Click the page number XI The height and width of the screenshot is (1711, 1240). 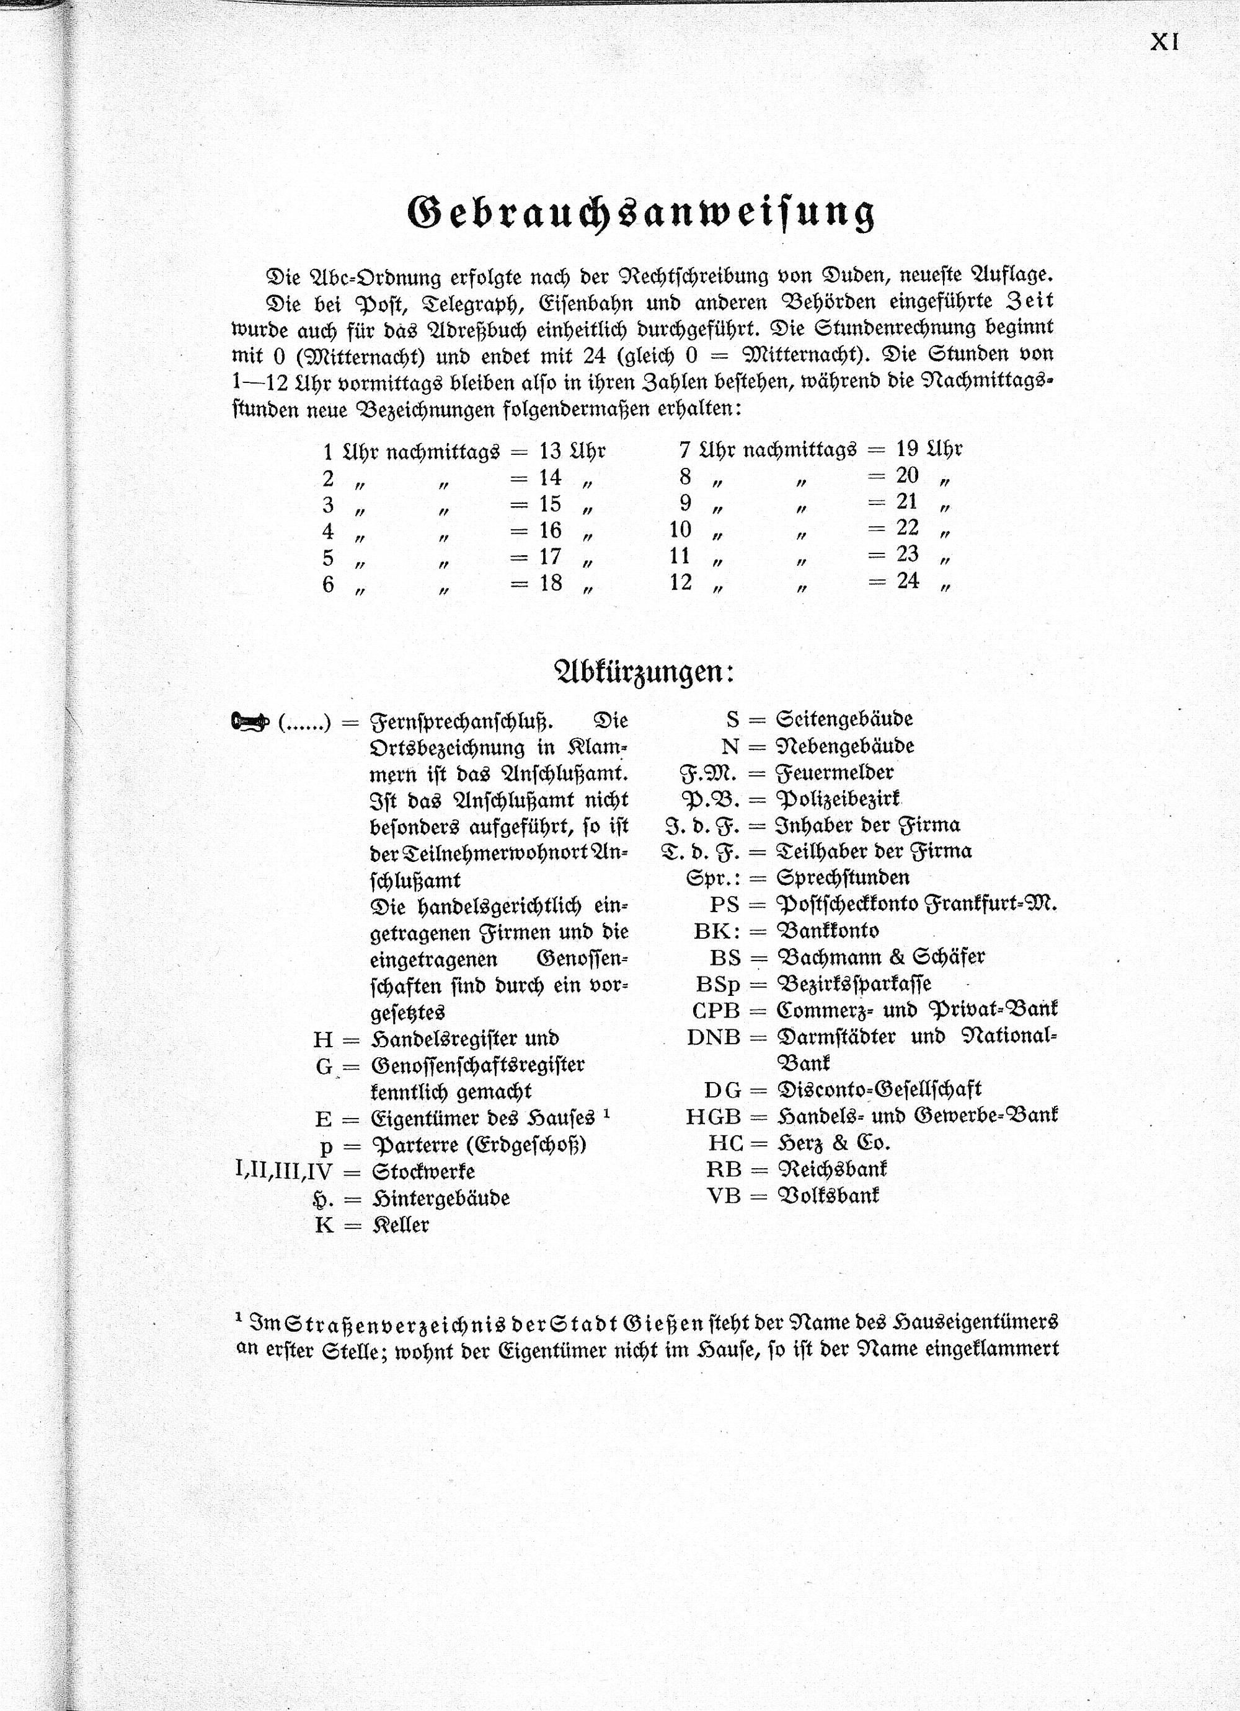(x=1164, y=42)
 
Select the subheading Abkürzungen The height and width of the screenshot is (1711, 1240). (x=644, y=671)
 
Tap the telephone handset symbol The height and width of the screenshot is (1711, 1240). (x=250, y=722)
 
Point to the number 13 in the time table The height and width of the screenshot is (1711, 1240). (x=549, y=451)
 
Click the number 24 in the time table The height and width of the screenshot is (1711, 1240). (x=907, y=580)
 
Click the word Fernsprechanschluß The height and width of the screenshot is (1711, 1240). (x=461, y=722)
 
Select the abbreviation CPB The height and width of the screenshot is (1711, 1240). (x=716, y=1010)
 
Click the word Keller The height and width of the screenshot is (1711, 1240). (x=400, y=1225)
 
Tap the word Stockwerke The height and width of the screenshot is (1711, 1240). (x=423, y=1172)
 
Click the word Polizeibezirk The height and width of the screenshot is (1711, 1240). (x=838, y=798)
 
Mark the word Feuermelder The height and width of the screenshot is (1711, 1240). (x=835, y=773)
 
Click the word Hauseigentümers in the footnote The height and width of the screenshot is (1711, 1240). (x=975, y=1322)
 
